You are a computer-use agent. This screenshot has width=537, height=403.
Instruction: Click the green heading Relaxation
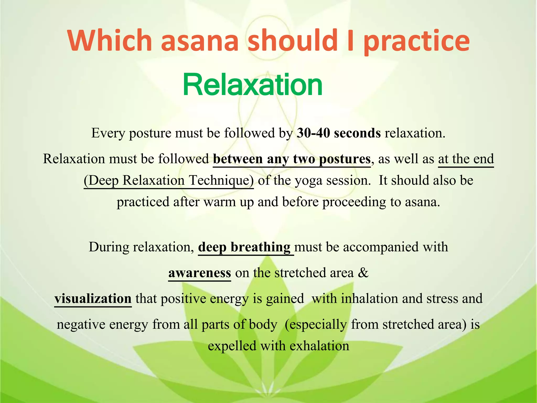click(x=253, y=85)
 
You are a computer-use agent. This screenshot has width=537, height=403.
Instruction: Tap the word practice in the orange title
click(x=417, y=41)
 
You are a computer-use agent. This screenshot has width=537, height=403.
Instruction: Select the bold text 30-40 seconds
click(x=339, y=133)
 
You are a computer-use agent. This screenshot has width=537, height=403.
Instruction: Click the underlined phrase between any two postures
click(x=292, y=159)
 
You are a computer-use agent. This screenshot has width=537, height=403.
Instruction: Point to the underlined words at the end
click(x=466, y=159)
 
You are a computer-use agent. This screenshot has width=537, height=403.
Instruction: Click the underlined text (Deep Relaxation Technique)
click(x=169, y=181)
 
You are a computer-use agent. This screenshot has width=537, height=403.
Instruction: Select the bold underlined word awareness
click(x=200, y=273)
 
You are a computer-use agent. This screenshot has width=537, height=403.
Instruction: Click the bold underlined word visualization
click(x=93, y=299)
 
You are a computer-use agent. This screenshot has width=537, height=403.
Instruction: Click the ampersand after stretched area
click(x=363, y=273)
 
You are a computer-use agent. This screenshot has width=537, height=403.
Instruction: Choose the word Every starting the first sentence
click(x=108, y=133)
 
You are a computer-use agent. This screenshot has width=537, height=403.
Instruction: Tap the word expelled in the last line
click(x=232, y=346)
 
